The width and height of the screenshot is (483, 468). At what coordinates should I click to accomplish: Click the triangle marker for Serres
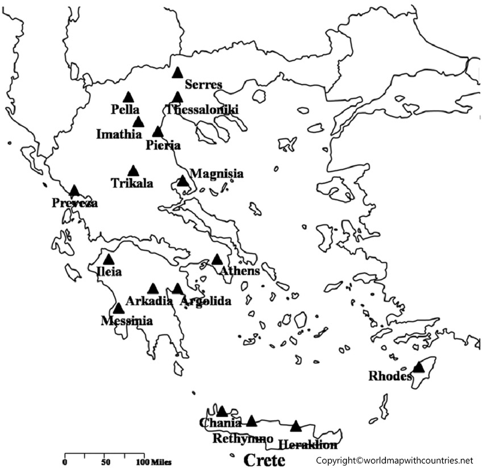click(177, 73)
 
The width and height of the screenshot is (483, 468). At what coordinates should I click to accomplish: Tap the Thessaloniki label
click(202, 110)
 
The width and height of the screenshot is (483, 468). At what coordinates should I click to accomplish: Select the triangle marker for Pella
click(128, 98)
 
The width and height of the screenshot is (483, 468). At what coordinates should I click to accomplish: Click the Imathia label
click(119, 134)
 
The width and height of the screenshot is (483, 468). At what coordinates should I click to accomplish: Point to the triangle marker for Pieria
click(158, 132)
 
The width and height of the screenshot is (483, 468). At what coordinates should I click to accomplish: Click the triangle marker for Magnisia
click(182, 181)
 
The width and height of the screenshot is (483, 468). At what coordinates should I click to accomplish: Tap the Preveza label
click(74, 203)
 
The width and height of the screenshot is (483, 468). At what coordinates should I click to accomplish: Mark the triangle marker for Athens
click(217, 260)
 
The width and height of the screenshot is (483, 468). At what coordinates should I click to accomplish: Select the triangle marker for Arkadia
click(153, 289)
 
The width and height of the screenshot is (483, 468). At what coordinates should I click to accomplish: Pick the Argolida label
click(205, 301)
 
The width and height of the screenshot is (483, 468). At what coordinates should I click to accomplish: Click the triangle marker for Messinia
click(118, 309)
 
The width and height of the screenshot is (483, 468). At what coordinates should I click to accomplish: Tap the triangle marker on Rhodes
click(418, 367)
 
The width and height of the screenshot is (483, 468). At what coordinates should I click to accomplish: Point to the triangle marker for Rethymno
click(251, 421)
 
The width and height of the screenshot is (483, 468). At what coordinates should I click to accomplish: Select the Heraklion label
click(307, 445)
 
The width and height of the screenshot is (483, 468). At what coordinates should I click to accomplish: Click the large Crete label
click(264, 459)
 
